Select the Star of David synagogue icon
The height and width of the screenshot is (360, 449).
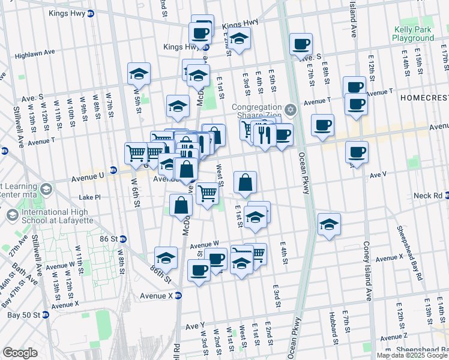(x=291, y=109)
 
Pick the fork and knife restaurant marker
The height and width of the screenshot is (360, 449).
(x=264, y=134)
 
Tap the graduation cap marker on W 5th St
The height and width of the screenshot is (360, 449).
(x=139, y=74)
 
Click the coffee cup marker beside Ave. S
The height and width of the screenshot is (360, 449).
(x=301, y=44)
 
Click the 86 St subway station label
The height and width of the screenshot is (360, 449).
(x=109, y=238)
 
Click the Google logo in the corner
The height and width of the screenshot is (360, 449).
(x=20, y=353)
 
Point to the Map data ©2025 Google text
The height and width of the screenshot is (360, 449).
(x=412, y=355)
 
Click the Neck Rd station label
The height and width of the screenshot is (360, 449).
(x=427, y=196)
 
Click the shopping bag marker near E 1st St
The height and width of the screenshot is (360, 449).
(x=245, y=182)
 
